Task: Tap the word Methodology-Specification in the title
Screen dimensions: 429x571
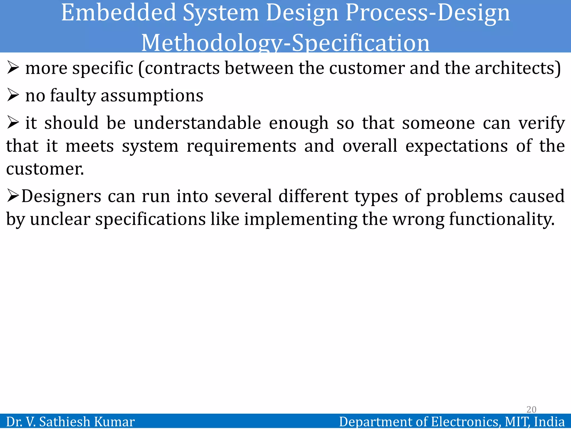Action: (285, 43)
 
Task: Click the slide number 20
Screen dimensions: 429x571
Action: (531, 409)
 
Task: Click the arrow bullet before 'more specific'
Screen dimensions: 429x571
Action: (13, 68)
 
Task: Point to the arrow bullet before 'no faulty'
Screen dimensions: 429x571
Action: (13, 95)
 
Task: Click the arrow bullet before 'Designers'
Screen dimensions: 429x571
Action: (13, 196)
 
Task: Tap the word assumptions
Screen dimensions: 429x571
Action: (152, 96)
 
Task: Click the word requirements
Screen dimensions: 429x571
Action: (241, 146)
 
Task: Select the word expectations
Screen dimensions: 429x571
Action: (456, 146)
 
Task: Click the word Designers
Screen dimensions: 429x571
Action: (61, 196)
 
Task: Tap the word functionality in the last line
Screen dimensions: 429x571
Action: (502, 219)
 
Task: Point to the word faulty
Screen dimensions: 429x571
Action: (73, 96)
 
